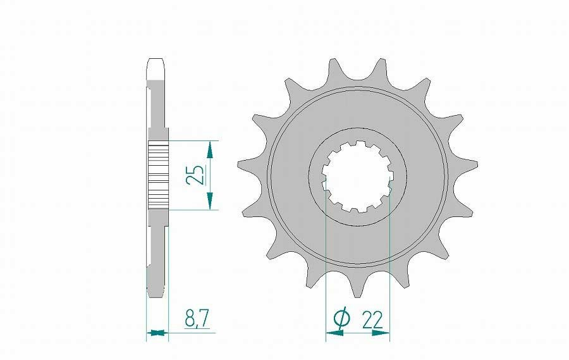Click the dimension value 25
(x=197, y=175)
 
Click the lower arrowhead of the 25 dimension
(x=210, y=202)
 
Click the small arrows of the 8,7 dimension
(x=157, y=332)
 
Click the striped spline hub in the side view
(x=158, y=175)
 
